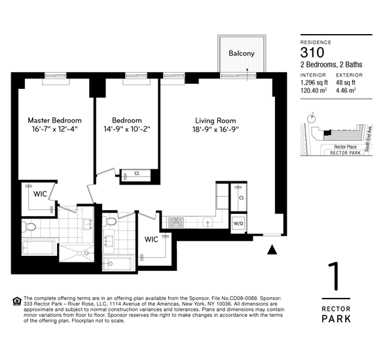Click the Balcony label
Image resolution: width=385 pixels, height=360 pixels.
(241, 53)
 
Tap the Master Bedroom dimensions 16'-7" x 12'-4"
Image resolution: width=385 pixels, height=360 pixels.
(54, 131)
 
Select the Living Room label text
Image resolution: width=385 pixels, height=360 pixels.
(215, 120)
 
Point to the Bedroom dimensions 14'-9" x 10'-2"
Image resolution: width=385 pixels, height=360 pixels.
(126, 131)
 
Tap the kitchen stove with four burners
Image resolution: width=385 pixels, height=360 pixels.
(175, 224)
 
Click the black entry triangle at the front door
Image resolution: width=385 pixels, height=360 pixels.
(272, 249)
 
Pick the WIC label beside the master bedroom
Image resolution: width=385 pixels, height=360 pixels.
(40, 194)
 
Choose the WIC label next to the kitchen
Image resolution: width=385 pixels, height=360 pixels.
(152, 240)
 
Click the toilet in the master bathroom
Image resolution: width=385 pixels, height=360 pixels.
(29, 227)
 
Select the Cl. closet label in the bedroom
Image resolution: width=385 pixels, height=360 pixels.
(137, 173)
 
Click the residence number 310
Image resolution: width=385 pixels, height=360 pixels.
(312, 54)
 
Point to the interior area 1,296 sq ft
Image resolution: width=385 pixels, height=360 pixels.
(314, 82)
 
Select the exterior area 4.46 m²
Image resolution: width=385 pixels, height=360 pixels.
(346, 91)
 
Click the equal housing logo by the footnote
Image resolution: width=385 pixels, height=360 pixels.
(16, 301)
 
